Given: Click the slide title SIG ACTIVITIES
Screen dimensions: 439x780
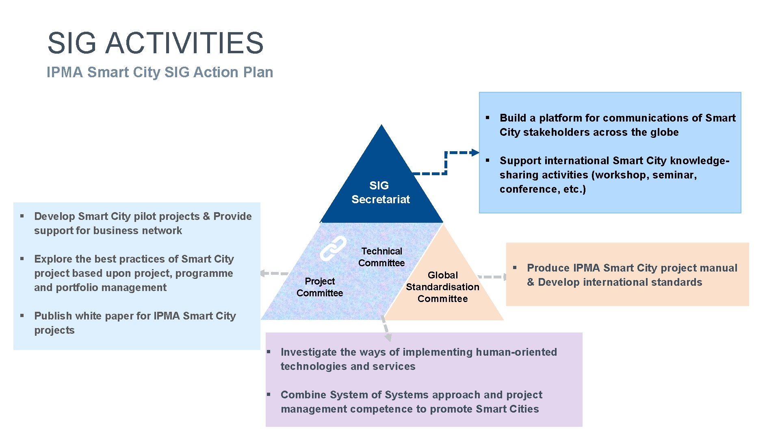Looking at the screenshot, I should point(156,43).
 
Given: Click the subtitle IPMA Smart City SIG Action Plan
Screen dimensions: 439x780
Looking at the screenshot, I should point(160,72).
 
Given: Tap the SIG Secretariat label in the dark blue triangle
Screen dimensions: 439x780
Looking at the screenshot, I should point(380,192).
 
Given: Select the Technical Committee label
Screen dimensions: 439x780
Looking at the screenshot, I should point(381,257).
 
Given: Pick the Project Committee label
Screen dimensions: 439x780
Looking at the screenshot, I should point(320,287).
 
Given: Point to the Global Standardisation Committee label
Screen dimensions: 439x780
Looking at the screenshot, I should point(442,287).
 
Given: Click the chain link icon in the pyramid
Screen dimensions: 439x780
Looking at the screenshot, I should point(333,248).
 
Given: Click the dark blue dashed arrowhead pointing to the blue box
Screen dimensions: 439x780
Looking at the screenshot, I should point(475,152).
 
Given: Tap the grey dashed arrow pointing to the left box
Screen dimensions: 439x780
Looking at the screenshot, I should point(264,273).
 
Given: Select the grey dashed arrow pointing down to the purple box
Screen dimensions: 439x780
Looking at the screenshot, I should point(388,337).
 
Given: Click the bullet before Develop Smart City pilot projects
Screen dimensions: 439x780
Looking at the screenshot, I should point(22,216).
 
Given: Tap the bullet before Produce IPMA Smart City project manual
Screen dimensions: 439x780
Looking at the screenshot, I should point(515,267).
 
